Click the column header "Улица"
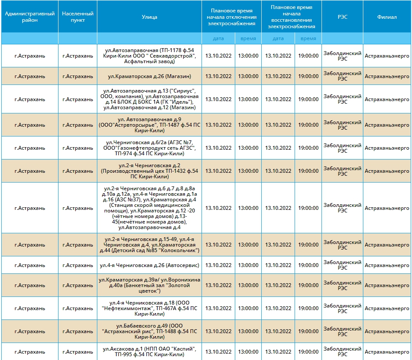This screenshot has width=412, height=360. pos(149,17)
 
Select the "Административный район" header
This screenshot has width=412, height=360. pos(30,17)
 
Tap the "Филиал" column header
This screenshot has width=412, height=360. pos(387,17)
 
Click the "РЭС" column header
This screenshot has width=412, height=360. pos(342,17)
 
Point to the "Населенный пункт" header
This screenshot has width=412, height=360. pos(78,17)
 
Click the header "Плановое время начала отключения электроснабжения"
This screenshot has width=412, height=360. pos(231,17)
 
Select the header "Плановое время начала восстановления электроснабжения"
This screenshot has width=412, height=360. pos(292,17)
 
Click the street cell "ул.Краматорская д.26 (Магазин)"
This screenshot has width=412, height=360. pos(149,76)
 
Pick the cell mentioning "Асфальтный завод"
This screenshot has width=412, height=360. pos(149,56)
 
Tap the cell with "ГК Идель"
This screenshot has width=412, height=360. pos(149,99)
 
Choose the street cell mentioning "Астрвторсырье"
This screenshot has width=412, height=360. pos(149,125)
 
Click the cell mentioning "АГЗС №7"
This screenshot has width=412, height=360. pos(149,148)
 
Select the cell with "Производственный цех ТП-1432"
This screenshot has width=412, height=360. pos(149,171)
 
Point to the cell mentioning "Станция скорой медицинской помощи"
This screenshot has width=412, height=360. pos(149,208)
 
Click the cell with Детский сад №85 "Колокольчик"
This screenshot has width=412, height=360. pos(149,245)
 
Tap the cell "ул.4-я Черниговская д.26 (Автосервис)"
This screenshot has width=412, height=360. pos(149,265)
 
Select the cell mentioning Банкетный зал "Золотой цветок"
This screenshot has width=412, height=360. pos(149,285)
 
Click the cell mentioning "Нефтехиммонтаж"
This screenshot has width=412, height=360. pos(149,308)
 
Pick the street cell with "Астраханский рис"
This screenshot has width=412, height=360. pos(149,331)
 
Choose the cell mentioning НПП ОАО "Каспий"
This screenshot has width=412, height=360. pos(149,352)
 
